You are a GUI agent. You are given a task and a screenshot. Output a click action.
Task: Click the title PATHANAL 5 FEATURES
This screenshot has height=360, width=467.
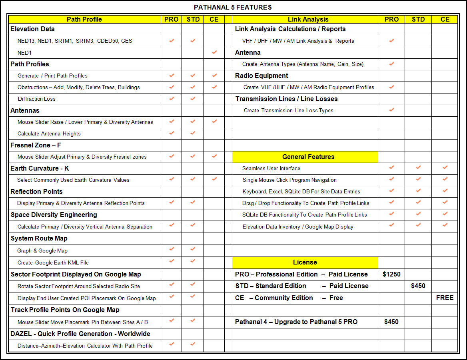point(233,7)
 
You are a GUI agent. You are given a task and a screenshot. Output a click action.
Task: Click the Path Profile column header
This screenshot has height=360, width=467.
point(84,19)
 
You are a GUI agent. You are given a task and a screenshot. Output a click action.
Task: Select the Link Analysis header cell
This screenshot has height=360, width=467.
point(308,19)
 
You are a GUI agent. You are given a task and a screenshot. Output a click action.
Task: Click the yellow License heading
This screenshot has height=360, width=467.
point(305,262)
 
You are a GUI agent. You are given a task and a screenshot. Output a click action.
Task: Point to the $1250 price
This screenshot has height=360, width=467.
point(391,274)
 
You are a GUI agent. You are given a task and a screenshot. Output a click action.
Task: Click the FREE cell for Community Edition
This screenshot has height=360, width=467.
point(445,298)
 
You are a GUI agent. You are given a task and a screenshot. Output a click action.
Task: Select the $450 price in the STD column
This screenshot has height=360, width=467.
point(418,286)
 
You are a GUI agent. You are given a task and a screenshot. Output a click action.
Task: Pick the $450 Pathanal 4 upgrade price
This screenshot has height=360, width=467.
point(391,322)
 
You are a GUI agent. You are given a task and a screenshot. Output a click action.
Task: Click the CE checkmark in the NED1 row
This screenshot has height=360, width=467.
point(214,52)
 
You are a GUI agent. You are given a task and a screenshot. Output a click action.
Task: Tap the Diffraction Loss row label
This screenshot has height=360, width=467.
point(36,99)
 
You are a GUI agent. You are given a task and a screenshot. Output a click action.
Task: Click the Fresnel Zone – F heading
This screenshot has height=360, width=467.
point(36,145)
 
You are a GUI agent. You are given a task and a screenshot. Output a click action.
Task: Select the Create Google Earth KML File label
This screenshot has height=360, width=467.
point(53,263)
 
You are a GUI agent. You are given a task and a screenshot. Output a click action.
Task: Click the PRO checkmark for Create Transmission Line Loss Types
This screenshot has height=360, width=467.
point(391,110)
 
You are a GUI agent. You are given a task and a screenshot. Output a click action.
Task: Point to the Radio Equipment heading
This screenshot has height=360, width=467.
point(261,76)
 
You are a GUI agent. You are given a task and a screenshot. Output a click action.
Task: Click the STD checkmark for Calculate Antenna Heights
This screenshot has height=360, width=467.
point(193,133)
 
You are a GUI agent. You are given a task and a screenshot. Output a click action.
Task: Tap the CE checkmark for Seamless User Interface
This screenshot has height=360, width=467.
point(445,168)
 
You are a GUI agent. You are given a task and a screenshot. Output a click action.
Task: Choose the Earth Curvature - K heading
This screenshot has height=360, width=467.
point(40,168)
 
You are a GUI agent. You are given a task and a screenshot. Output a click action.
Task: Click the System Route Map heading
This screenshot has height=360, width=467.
point(39,238)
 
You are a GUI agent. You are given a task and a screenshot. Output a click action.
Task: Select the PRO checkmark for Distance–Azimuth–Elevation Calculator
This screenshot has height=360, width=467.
point(172,344)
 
